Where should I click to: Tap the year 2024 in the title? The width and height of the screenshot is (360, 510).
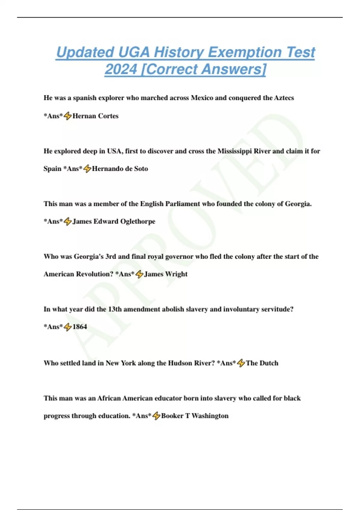(121, 69)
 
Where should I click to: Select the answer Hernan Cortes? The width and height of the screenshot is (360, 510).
(95, 116)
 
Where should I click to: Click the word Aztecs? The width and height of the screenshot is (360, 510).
(284, 98)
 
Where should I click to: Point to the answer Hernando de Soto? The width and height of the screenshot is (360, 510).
(120, 169)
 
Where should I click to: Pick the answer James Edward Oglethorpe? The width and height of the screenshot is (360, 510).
(114, 222)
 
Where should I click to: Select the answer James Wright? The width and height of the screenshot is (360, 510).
(166, 274)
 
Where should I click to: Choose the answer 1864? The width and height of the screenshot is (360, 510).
(80, 327)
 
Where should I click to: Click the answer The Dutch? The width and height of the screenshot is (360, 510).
(262, 363)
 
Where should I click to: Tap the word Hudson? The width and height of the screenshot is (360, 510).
(180, 363)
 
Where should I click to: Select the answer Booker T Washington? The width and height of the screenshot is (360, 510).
(195, 416)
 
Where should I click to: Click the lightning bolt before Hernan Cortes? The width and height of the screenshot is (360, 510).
(68, 116)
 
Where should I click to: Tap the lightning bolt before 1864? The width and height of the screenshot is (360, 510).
(68, 327)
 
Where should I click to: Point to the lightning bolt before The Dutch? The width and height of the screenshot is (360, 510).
(241, 363)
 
